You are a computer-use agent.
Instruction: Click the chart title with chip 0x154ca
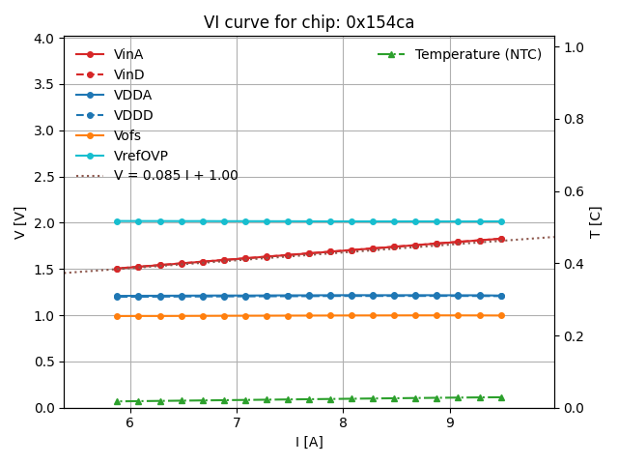pos(309,22)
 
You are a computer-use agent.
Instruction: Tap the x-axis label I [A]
pos(309,442)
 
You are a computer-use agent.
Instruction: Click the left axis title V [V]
pos(20,222)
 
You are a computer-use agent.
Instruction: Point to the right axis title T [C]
pos(596,222)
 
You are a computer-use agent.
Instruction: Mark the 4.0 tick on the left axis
pos(43,39)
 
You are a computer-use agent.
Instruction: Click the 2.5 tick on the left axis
pos(43,177)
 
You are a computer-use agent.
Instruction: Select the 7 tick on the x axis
pos(237,422)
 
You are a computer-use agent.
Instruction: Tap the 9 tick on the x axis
pos(449,422)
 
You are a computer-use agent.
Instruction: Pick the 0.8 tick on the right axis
pos(572,119)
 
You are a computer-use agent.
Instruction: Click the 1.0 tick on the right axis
pos(572,46)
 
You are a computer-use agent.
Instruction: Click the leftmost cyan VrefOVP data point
pos(117,221)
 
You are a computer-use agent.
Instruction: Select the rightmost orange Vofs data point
pos(501,315)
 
